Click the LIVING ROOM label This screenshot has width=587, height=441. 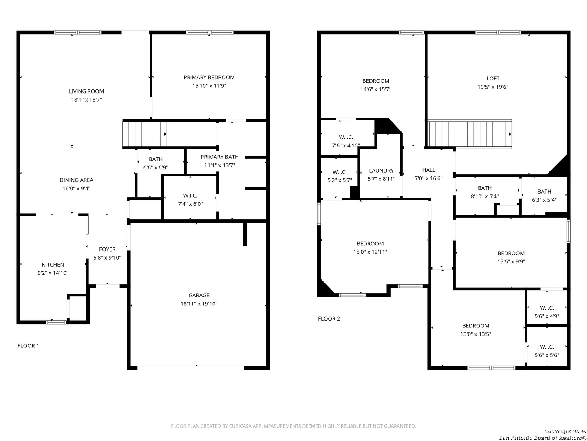[86, 91]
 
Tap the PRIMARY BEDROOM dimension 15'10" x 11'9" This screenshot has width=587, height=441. [209, 86]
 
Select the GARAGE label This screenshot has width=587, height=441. [199, 295]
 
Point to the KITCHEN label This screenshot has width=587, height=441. [53, 265]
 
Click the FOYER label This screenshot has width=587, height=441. [107, 249]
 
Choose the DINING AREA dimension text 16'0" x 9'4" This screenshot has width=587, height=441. [77, 189]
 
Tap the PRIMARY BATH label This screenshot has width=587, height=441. [220, 157]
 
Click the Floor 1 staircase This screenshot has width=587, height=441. [145, 134]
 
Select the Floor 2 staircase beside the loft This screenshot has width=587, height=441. [469, 134]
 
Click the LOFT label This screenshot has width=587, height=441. [493, 78]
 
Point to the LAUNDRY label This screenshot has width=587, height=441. [382, 171]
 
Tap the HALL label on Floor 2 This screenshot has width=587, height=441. [429, 170]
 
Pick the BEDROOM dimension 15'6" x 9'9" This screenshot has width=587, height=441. [511, 262]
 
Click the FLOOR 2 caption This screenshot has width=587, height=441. [329, 318]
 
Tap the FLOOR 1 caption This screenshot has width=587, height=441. [29, 346]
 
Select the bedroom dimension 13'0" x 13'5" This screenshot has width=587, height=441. [476, 334]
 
